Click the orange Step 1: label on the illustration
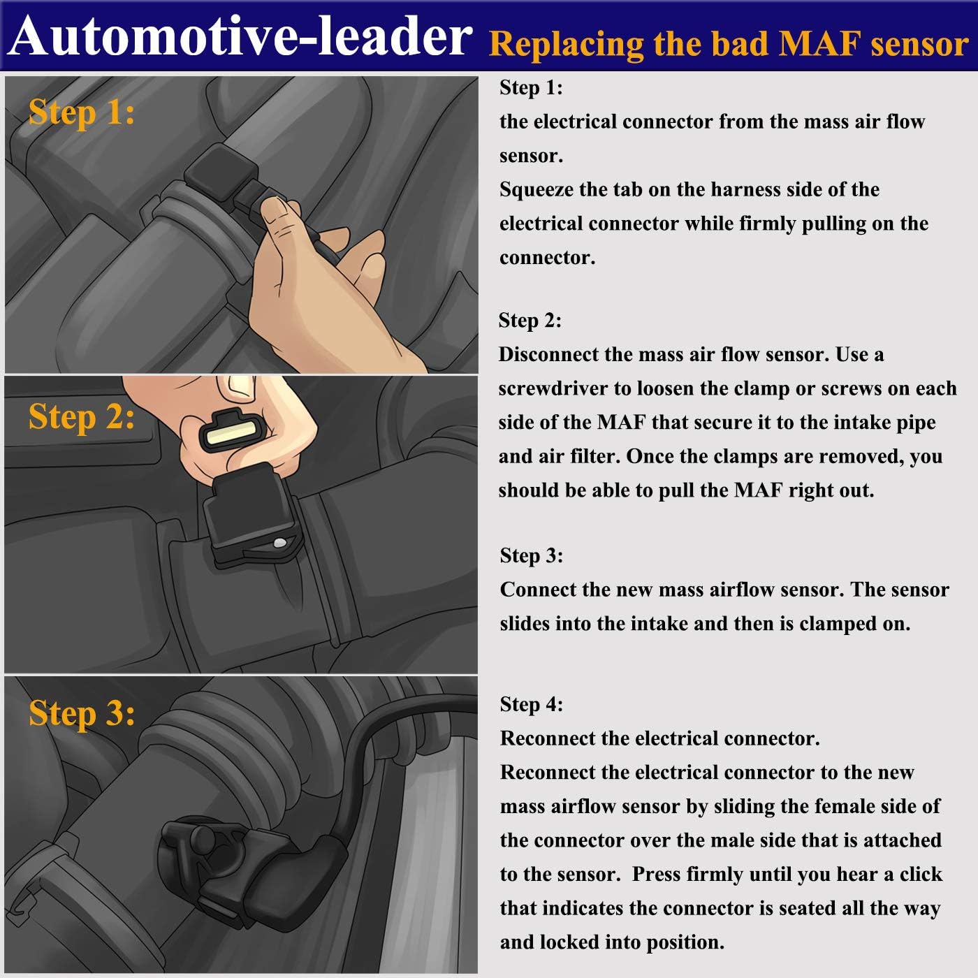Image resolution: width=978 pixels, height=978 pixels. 81,112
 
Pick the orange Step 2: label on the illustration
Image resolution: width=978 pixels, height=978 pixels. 81,417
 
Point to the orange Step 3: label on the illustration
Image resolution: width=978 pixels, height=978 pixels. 81,713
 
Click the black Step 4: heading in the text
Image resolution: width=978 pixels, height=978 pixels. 531,704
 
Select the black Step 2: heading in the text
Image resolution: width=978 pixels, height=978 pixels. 530,320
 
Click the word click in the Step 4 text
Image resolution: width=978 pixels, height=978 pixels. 921,874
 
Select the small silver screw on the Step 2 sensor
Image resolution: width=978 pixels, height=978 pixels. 279,543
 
